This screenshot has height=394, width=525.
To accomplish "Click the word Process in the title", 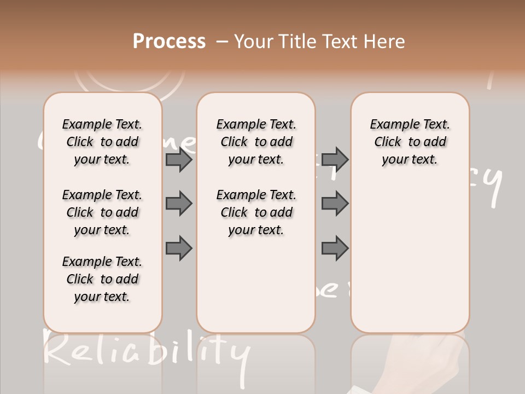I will point(169,42).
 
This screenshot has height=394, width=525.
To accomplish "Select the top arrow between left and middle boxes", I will point(179,160).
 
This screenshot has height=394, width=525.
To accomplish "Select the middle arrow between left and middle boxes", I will point(179,204).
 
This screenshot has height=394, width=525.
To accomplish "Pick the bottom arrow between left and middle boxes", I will point(179,248).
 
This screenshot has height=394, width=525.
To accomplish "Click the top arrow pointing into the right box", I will point(335,160).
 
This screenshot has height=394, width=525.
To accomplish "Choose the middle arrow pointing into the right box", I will point(335,204).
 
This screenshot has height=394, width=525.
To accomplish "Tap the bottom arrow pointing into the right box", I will point(335,248).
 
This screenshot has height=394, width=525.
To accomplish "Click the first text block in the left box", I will point(102,142).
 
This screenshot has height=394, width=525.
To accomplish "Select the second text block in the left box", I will point(102,212).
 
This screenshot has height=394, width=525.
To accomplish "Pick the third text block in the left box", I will point(102,279).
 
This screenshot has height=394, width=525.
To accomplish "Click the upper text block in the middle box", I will point(256,142).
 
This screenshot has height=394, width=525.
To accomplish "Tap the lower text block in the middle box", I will point(256,212).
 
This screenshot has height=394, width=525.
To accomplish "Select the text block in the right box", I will point(410,142).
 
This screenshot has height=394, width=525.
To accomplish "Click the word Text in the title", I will point(341,42).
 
